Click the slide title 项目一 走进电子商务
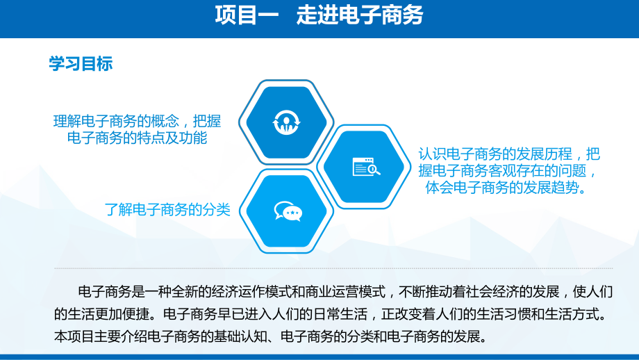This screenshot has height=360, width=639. tap(319, 15)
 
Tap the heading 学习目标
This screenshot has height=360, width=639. tap(80, 65)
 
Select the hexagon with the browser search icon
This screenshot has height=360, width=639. tap(365, 167)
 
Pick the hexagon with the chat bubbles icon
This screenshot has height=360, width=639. tap(287, 211)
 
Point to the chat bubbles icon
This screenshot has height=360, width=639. tap(287, 211)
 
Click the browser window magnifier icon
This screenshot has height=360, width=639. tap(365, 167)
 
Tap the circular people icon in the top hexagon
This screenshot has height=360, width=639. tap(286, 122)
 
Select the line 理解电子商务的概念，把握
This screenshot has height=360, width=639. tap(137, 121)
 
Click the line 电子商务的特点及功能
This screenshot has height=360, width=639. tap(138, 138)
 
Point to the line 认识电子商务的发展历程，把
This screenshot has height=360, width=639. tap(509, 154)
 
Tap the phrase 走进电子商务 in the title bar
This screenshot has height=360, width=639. tap(360, 15)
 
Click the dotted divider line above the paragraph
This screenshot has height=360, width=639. tap(333, 268)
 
